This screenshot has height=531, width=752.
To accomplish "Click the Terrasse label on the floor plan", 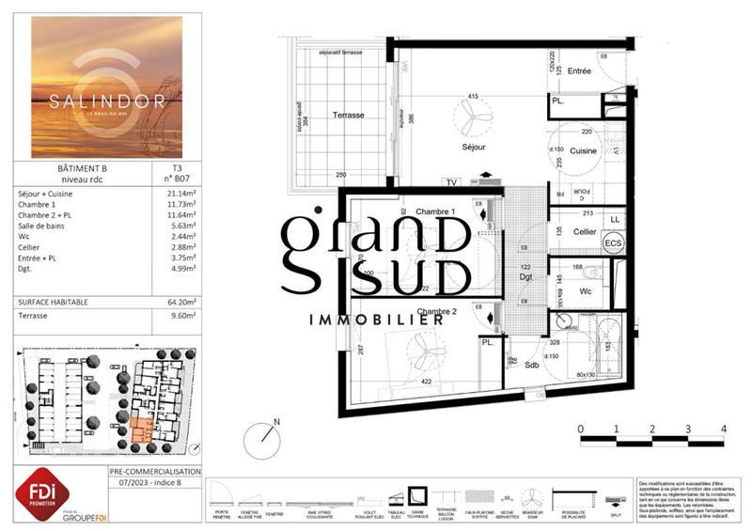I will click(x=348, y=115).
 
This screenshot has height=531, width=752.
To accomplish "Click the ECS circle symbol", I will click(x=613, y=243).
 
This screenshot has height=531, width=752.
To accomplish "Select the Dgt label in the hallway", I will click(x=526, y=278).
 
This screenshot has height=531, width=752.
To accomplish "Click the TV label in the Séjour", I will click(x=452, y=182).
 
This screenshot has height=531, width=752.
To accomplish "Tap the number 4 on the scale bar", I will click(x=723, y=429).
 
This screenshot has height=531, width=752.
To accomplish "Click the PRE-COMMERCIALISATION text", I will click(x=155, y=471).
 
